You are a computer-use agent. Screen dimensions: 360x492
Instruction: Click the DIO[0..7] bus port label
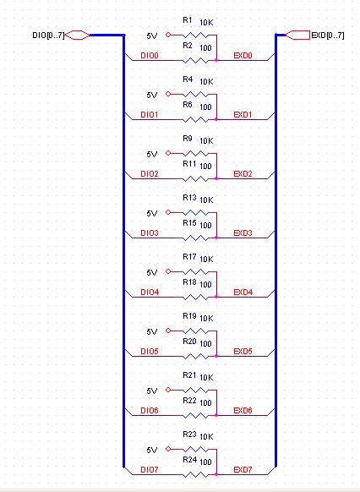tap(48, 36)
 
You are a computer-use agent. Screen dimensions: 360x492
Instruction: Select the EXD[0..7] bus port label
tap(328, 36)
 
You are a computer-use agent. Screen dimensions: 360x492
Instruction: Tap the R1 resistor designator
tap(188, 20)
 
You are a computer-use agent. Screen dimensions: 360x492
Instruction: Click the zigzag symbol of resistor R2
tap(196, 60)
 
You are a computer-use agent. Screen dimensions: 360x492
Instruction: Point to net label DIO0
tap(150, 56)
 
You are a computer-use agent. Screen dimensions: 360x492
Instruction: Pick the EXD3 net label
tap(243, 233)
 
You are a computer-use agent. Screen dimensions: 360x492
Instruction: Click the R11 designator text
tap(189, 164)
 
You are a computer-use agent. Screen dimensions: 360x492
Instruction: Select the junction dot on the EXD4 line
tap(216, 297)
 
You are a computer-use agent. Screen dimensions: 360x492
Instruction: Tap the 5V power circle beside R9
tap(168, 153)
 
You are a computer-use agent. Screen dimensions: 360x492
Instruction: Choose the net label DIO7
tap(150, 470)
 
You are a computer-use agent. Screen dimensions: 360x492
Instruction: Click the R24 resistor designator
tap(189, 460)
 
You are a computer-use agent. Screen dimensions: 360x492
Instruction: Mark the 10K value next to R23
tap(206, 436)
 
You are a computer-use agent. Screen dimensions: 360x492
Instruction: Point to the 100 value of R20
tap(205, 343)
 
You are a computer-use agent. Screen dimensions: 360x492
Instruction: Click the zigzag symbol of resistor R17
tap(196, 271)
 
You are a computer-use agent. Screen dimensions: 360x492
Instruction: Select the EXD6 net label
tap(243, 411)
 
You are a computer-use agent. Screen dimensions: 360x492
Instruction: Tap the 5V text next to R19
tap(152, 332)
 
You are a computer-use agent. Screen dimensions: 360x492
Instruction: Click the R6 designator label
tap(188, 105)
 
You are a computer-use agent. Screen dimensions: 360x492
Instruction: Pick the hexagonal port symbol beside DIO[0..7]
tap(77, 36)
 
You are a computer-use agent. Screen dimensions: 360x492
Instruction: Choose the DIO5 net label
tap(150, 352)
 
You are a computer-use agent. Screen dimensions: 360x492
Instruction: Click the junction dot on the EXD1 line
tap(216, 119)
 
